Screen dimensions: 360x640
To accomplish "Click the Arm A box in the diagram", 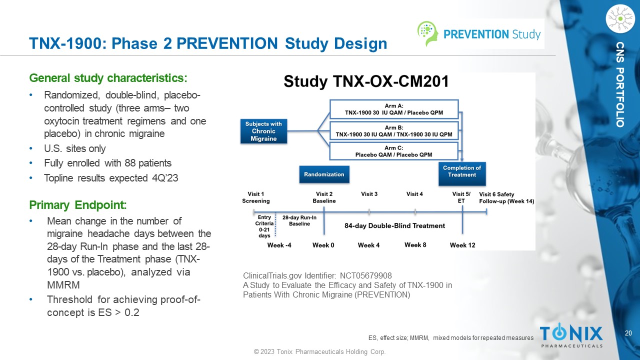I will point(393,109).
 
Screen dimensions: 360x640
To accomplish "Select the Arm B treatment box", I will point(393,131).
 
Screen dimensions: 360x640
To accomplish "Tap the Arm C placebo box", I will point(393,151).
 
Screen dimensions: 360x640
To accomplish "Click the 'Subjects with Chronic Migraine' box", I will point(263,131).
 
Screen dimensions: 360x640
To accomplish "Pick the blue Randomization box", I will point(324,174).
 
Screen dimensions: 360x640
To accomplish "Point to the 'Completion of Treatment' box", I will point(462,171).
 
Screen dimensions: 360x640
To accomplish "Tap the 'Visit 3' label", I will point(369,194).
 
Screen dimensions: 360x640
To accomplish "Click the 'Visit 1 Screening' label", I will point(256,197).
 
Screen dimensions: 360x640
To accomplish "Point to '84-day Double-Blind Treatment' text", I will point(394,225).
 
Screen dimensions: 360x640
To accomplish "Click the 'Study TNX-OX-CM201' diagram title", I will point(366,82).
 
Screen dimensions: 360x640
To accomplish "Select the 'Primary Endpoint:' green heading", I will point(78,205).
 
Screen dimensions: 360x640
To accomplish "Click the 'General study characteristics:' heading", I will point(108,78).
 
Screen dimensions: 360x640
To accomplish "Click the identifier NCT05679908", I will point(365,275).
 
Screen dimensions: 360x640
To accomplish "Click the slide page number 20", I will point(628,333).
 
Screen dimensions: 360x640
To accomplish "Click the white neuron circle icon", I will point(619,18).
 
